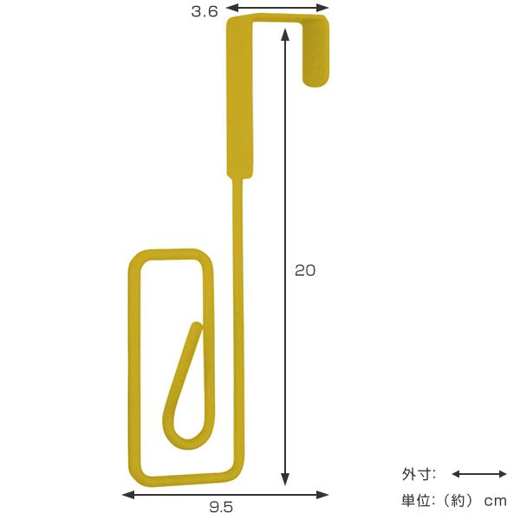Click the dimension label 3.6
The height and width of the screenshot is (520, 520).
[x=205, y=11]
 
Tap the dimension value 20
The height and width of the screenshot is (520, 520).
[x=305, y=270]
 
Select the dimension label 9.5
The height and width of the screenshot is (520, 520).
[x=221, y=507]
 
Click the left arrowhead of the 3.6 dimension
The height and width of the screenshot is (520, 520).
[x=231, y=7]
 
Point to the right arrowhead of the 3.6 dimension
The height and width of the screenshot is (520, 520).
[x=323, y=7]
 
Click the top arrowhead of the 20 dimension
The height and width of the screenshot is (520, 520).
[x=285, y=35]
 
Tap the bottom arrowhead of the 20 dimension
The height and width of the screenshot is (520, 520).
[x=285, y=479]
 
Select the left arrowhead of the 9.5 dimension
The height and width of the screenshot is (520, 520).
[x=128, y=495]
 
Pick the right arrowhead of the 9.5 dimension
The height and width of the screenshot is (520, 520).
[x=322, y=495]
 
